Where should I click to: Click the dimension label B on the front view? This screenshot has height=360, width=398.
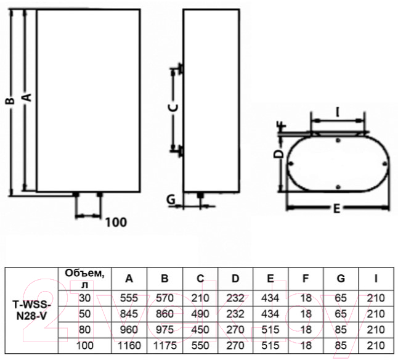click(10, 101)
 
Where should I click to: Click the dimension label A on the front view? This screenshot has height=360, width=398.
click(27, 97)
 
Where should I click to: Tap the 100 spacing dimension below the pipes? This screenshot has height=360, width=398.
click(116, 223)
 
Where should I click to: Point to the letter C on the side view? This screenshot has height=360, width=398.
click(173, 107)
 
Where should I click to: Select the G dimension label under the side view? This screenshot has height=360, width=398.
click(171, 200)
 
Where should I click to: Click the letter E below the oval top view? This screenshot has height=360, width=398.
click(336, 209)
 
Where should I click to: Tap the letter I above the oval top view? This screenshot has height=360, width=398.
click(338, 112)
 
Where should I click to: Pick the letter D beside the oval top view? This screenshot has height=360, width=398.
click(278, 154)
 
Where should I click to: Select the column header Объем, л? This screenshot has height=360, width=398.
click(84, 279)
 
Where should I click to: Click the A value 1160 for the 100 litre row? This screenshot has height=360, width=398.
click(129, 345)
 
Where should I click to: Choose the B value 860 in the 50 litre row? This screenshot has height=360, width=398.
click(164, 314)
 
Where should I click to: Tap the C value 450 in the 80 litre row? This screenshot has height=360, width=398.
click(200, 330)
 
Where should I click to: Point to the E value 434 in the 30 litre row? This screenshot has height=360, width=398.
click(270, 298)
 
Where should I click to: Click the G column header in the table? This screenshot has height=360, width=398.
click(341, 279)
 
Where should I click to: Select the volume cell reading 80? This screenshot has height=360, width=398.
click(84, 330)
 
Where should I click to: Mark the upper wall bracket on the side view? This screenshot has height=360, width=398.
click(181, 68)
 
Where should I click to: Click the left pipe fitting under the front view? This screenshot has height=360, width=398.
click(76, 194)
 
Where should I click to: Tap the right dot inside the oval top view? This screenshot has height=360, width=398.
click(385, 164)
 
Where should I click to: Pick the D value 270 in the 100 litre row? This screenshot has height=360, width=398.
click(235, 345)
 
